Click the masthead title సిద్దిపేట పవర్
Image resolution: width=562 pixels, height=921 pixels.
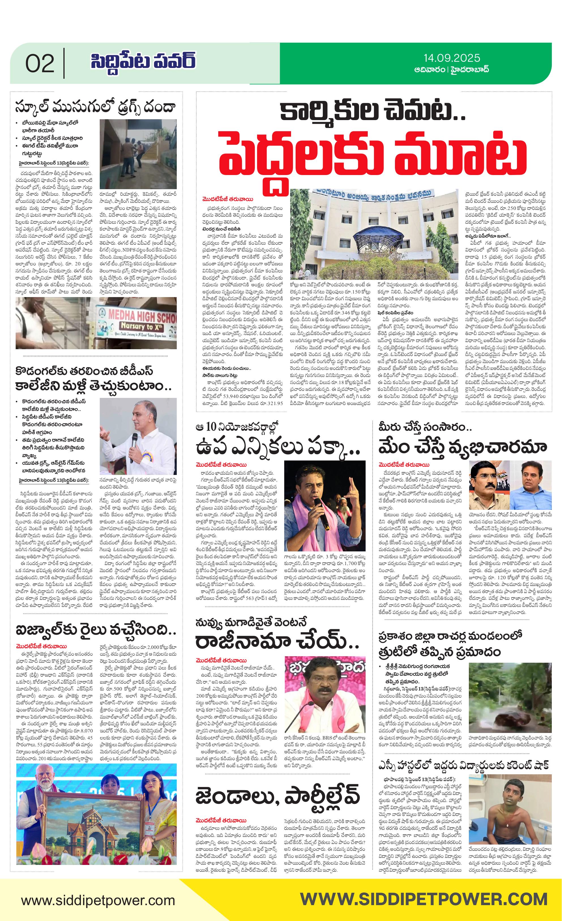[x=143, y=62]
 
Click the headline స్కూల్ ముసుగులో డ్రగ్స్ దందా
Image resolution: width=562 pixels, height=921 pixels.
[x=96, y=107]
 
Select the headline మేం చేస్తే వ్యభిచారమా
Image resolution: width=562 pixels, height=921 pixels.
[x=462, y=447]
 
